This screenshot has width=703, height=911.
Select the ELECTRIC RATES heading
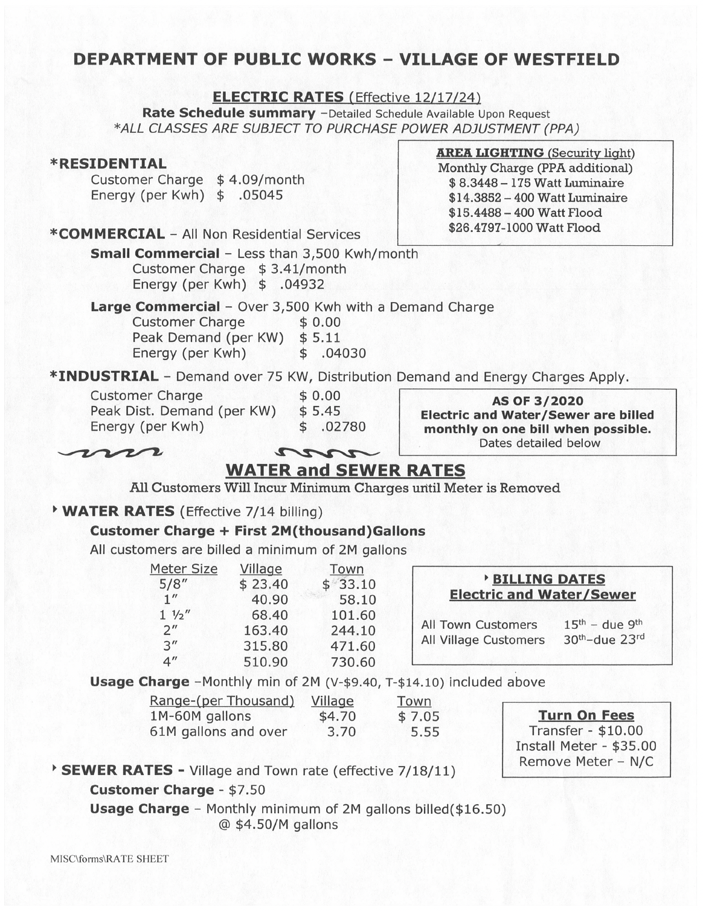point(278,97)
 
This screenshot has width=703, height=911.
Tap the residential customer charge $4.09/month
point(260,180)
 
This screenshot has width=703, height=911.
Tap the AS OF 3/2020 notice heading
point(537,401)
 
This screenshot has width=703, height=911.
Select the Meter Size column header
point(184,569)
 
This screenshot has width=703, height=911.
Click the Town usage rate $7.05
point(419,717)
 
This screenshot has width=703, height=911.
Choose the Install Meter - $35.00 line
point(585,747)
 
